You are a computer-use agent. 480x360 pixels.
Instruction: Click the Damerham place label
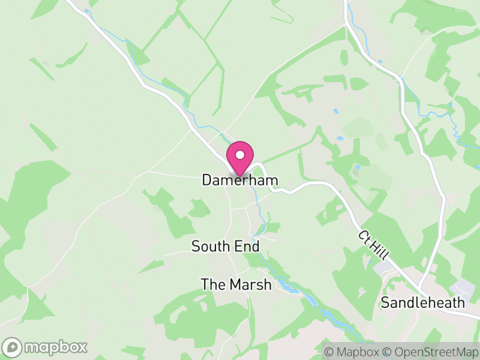tap(240, 180)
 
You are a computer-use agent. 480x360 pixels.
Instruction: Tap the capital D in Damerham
tap(207, 180)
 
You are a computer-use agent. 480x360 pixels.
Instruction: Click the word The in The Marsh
tap(212, 284)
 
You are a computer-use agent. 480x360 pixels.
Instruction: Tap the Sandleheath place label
tap(423, 302)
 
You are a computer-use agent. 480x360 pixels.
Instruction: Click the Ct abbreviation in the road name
tap(365, 235)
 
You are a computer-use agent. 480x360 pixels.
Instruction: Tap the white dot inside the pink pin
tap(240, 155)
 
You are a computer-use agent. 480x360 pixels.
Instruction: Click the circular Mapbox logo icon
tap(13, 347)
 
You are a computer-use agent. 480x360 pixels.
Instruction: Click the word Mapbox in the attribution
tap(358, 352)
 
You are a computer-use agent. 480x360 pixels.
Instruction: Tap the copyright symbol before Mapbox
tap(329, 352)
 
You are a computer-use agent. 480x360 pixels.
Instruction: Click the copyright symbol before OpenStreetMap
tap(387, 352)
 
